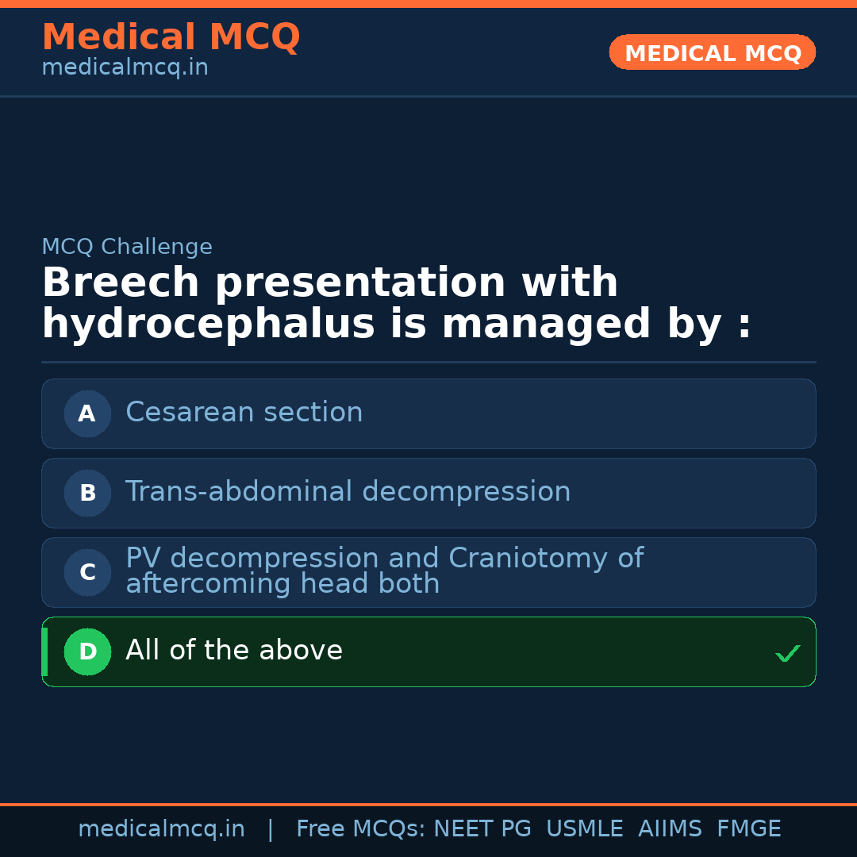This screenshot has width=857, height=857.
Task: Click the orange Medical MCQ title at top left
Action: [171, 37]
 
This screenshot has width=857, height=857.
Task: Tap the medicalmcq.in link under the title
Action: [125, 68]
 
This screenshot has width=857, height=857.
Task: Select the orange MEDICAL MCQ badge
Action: [713, 53]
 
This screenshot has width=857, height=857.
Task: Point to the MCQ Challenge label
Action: [127, 247]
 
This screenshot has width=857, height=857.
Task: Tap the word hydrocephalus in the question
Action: [207, 325]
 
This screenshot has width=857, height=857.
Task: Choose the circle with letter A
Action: [87, 413]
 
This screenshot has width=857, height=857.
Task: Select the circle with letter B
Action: [87, 493]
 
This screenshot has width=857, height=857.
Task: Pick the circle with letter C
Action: [87, 572]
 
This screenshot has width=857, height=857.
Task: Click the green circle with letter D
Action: [87, 651]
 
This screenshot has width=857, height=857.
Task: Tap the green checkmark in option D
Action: [787, 653]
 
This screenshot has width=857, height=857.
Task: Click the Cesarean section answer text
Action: [244, 413]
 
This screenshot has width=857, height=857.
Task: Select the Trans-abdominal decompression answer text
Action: [348, 492]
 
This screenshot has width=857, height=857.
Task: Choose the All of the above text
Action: [234, 651]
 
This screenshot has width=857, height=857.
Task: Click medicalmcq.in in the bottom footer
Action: [161, 829]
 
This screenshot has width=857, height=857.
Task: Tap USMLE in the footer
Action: [584, 829]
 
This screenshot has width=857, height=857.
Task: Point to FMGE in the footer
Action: [748, 829]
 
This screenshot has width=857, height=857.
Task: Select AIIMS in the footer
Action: [670, 829]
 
